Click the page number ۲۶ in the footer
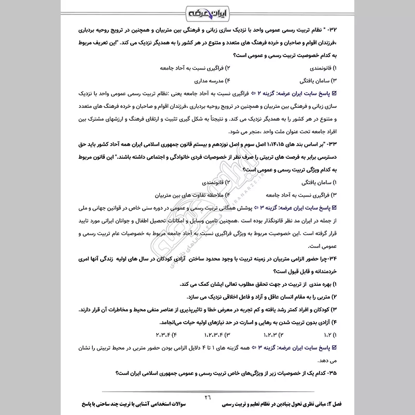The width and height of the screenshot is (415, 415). click(x=208, y=396)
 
